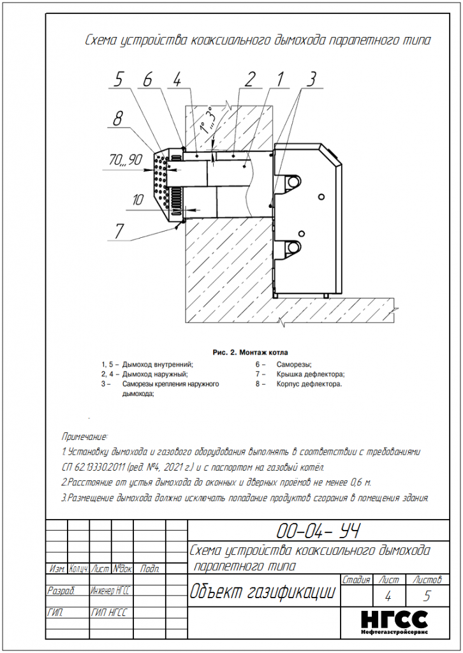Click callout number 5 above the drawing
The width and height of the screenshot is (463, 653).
click(x=119, y=79)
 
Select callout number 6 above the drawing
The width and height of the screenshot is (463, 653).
click(x=148, y=79)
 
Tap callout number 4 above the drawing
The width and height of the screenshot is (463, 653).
click(x=177, y=79)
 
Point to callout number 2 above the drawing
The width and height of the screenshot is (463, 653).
click(x=251, y=79)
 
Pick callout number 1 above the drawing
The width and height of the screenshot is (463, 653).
click(x=279, y=79)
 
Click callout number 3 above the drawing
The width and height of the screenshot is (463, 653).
click(x=311, y=79)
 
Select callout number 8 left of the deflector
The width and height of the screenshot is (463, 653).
click(x=117, y=118)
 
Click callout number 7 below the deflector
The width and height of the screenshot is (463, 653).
click(x=119, y=231)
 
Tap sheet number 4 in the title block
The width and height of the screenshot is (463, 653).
click(x=388, y=597)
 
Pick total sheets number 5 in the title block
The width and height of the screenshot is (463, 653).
click(x=427, y=597)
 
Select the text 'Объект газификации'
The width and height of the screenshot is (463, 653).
click(x=263, y=592)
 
